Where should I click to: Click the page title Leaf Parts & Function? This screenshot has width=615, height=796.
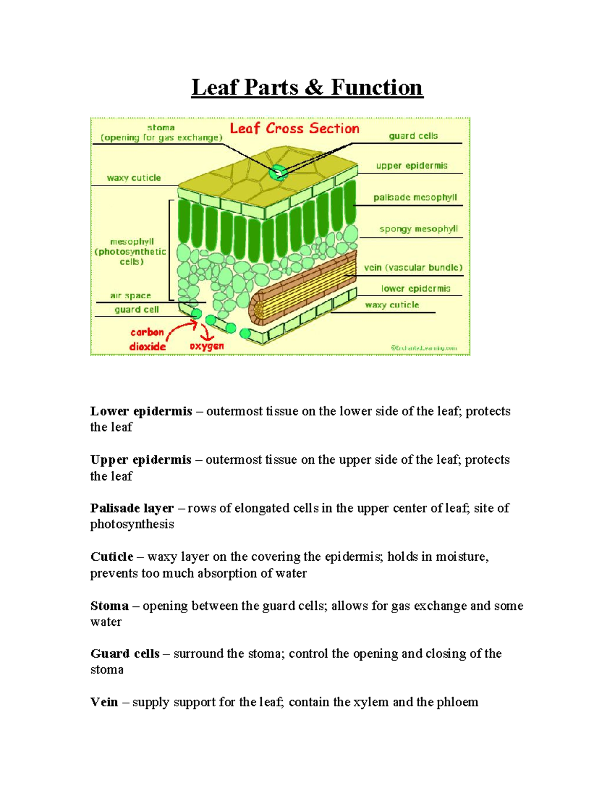(307, 87)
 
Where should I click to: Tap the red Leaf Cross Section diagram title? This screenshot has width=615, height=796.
(294, 128)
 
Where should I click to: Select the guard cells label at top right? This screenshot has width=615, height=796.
(413, 136)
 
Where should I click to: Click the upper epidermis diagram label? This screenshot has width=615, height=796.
(412, 166)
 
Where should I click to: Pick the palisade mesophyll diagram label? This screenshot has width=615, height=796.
(415, 197)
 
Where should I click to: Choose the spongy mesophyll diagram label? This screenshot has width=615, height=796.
(418, 229)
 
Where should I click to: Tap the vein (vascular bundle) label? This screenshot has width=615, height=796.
(413, 268)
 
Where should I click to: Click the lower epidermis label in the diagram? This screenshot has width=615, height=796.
(416, 289)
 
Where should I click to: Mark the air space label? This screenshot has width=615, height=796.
(130, 296)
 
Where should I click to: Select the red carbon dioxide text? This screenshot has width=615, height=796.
(148, 339)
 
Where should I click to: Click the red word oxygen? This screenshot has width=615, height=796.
(207, 346)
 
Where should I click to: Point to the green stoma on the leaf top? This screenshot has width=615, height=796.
(278, 172)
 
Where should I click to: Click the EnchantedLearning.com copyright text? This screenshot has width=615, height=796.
(424, 348)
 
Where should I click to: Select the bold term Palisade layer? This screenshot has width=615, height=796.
(132, 508)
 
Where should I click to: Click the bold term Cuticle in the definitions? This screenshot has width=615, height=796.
(112, 557)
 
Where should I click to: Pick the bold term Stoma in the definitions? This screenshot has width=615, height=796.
(109, 606)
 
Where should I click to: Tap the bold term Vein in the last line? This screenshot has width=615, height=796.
(104, 702)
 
